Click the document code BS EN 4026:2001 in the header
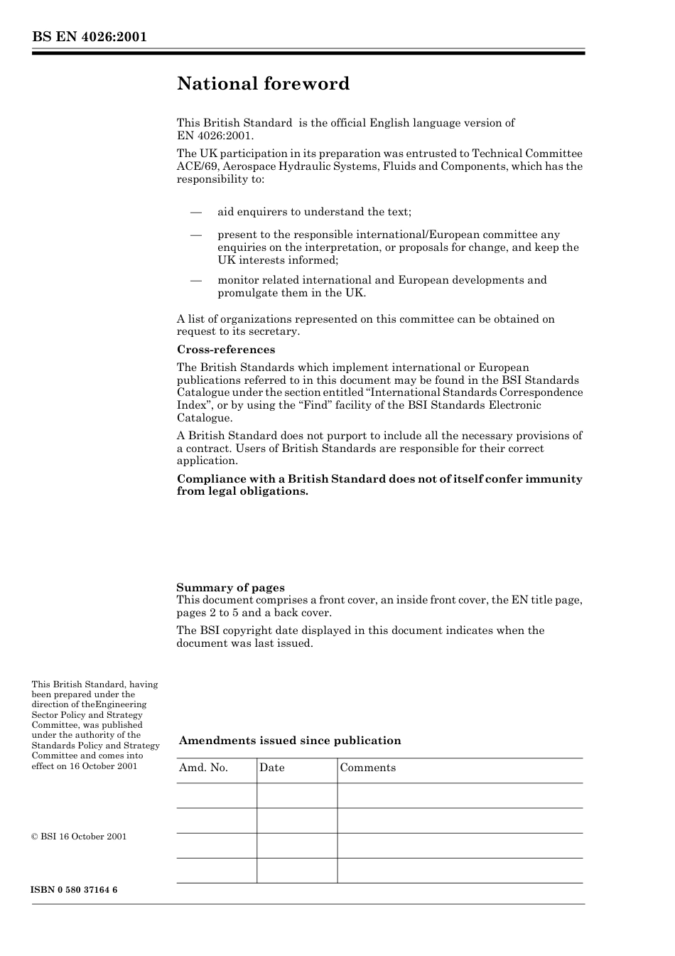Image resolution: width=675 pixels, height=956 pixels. click(89, 36)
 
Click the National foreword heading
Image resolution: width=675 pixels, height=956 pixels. click(263, 84)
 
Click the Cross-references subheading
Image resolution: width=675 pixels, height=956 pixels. click(225, 350)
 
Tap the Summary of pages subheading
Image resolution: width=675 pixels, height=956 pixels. click(230, 588)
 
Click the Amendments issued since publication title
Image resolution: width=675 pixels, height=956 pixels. click(290, 741)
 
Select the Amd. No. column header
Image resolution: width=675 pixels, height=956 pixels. click(203, 768)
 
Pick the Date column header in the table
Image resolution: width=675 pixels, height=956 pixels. click(271, 768)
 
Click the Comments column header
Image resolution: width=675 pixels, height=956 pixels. click(367, 768)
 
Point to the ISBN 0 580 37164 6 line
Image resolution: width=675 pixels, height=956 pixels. click(75, 890)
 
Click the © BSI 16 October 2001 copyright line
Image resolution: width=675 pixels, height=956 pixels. click(79, 837)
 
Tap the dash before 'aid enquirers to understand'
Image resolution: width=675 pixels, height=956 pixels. click(196, 212)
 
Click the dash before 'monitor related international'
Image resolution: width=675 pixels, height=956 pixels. click(196, 280)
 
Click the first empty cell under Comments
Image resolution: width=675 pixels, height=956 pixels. click(460, 795)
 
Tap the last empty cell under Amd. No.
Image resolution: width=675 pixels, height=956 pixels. click(217, 870)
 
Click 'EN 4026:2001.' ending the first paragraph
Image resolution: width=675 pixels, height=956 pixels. click(215, 136)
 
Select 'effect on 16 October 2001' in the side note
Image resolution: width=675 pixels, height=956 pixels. click(85, 766)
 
